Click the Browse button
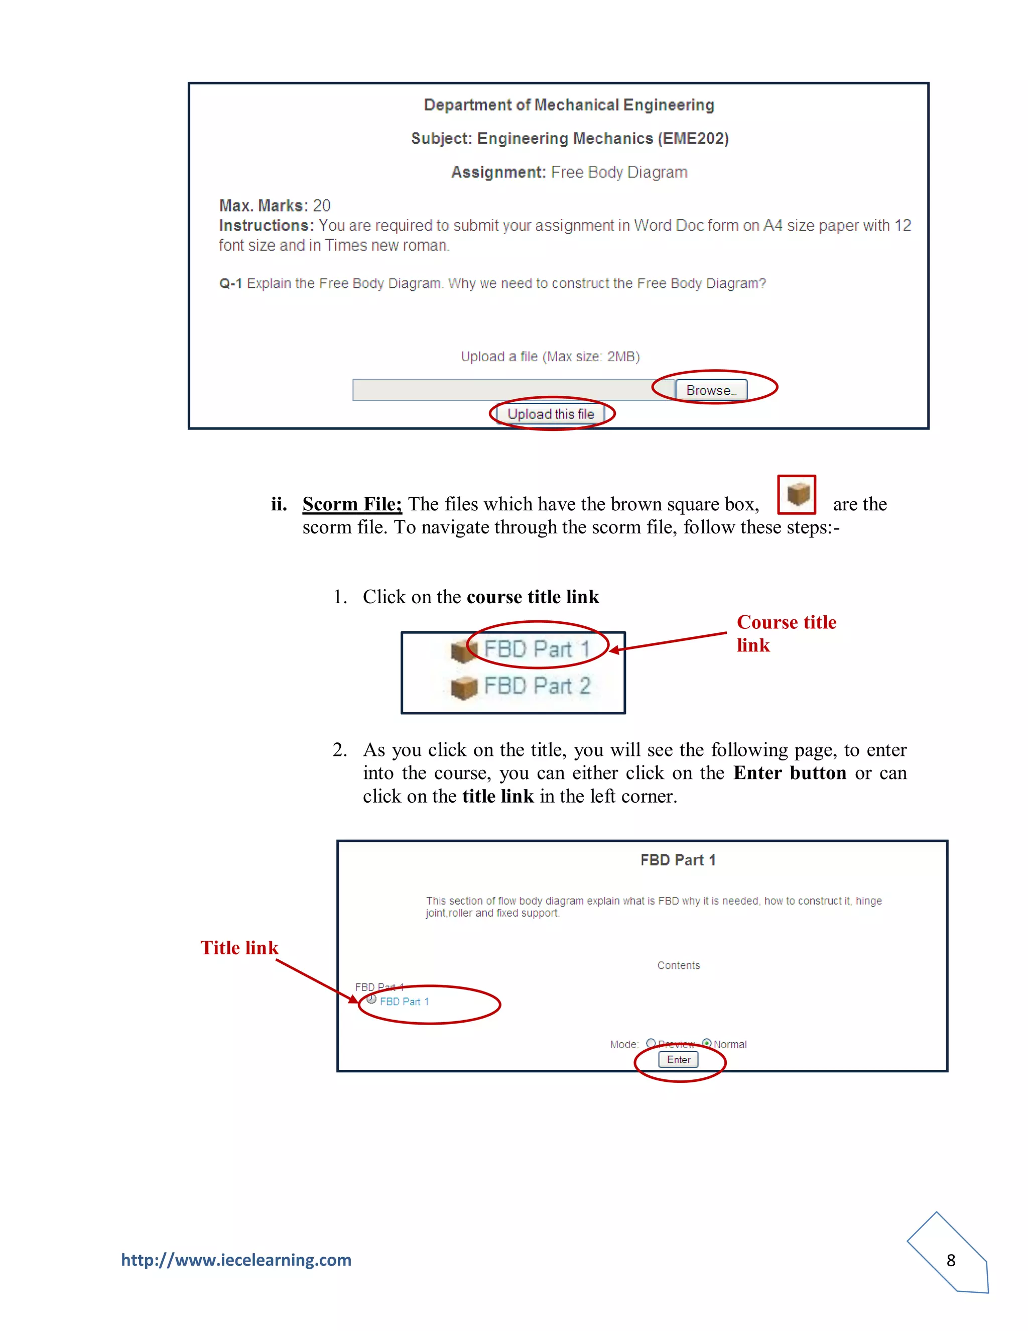(x=711, y=390)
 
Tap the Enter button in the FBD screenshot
(x=679, y=1060)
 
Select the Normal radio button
(x=706, y=1043)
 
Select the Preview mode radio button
(x=651, y=1043)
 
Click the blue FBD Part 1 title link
(x=405, y=1002)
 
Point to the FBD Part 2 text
(x=537, y=686)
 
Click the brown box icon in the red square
(x=797, y=494)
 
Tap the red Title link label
(x=239, y=948)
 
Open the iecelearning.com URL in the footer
(x=236, y=1260)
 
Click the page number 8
(x=951, y=1260)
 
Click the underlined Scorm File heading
(x=352, y=504)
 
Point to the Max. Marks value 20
(x=322, y=205)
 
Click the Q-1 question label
(x=230, y=283)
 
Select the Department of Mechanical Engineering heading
(x=569, y=105)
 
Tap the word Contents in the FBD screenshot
(x=679, y=965)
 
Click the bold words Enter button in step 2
(x=789, y=773)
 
